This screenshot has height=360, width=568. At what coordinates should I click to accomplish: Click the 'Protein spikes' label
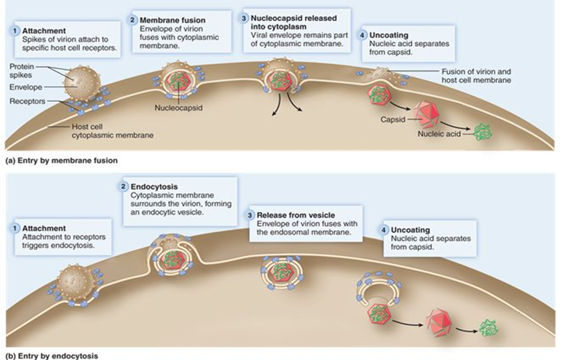click(22, 71)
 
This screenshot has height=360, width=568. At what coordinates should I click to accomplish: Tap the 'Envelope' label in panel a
click(26, 87)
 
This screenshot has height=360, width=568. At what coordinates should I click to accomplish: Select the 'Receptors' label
click(27, 101)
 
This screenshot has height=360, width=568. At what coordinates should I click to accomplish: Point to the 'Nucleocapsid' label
click(178, 108)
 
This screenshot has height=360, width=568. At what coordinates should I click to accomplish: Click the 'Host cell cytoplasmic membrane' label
click(112, 131)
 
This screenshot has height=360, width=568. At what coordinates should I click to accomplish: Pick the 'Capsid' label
click(393, 120)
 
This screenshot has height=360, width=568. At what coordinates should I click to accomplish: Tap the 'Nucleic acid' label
click(439, 134)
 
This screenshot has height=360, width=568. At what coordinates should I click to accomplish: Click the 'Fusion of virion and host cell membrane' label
click(476, 76)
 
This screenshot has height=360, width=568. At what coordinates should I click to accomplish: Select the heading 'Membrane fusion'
click(172, 20)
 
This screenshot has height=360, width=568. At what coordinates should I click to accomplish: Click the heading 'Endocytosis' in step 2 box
click(154, 187)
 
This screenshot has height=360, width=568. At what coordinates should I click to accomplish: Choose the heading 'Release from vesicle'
click(296, 215)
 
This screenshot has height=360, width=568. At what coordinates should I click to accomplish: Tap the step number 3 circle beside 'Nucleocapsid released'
click(244, 18)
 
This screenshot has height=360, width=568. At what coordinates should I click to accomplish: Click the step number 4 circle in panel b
click(384, 230)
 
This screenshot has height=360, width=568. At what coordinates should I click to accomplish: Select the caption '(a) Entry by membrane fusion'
click(62, 161)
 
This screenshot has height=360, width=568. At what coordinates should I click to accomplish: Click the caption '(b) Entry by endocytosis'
click(52, 356)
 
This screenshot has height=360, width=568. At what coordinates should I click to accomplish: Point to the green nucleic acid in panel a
click(483, 132)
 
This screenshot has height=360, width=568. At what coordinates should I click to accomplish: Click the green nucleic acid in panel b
click(489, 328)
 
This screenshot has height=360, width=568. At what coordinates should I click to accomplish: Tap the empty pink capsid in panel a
click(426, 113)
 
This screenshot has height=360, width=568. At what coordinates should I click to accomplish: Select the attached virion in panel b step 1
click(77, 282)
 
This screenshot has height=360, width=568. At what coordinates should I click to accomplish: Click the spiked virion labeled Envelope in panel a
click(82, 83)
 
